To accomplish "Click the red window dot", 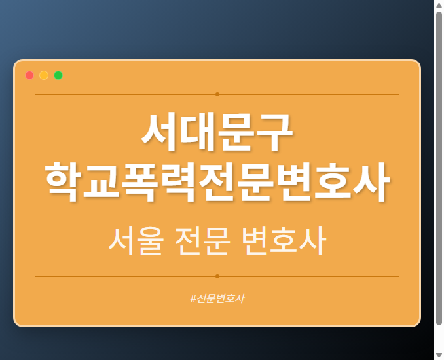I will point(29,75).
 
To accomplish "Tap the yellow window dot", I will point(44,75).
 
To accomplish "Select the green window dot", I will point(58,75).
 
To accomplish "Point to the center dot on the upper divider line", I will point(217,94).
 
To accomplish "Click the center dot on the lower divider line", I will point(217,276).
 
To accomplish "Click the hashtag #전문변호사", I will point(217,298).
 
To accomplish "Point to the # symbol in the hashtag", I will point(193,298).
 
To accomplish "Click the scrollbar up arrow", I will point(439,5).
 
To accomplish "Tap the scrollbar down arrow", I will point(439,355).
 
